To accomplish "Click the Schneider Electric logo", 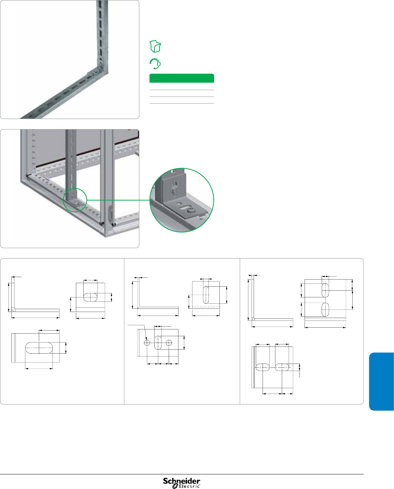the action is coord(182,483).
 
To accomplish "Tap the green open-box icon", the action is coord(155,46).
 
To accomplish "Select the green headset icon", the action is coord(155,64).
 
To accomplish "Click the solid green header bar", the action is coord(182,78).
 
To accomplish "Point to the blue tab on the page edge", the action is coord(382,381).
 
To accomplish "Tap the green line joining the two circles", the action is coord(118,200).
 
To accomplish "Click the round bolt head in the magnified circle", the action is coord(191,210).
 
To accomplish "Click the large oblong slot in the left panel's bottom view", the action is coord(39,348).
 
